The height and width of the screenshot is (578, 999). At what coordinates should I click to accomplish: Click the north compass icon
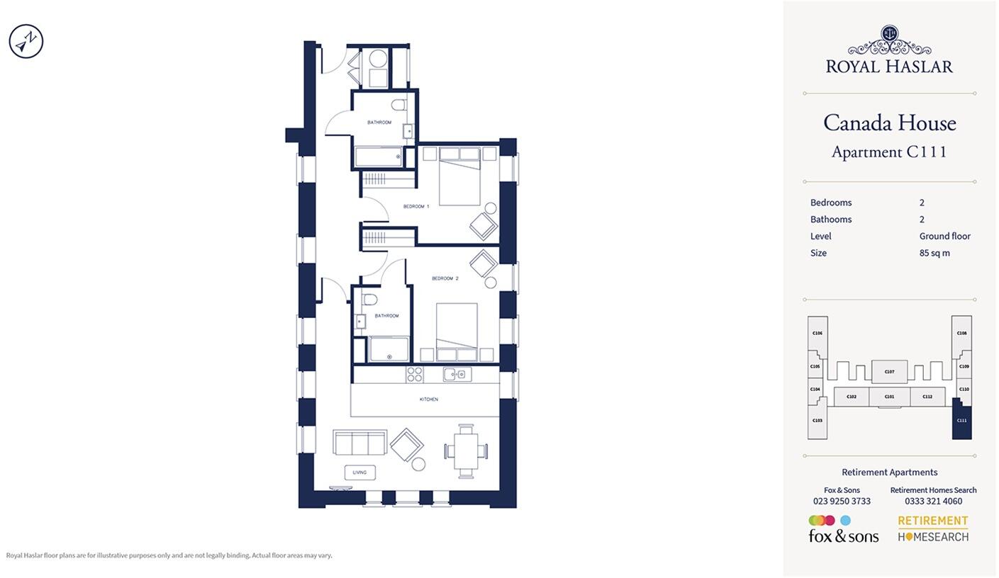(26, 41)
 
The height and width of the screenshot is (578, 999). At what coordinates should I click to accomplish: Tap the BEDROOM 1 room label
(416, 206)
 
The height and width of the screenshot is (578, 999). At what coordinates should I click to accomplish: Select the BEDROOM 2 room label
(445, 278)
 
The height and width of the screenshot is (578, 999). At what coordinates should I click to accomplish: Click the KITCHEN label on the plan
(428, 399)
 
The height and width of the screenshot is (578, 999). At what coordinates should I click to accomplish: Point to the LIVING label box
(359, 472)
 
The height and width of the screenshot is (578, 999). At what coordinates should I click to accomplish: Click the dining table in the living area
(466, 450)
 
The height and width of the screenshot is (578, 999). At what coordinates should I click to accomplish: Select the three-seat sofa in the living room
(359, 443)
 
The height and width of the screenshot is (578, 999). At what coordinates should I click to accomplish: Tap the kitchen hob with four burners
(415, 374)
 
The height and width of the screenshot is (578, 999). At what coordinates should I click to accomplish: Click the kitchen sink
(457, 374)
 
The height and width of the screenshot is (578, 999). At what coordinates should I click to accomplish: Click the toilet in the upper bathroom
(399, 106)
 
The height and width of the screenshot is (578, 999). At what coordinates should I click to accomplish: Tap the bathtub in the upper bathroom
(379, 157)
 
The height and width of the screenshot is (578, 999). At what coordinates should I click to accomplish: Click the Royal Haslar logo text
(889, 66)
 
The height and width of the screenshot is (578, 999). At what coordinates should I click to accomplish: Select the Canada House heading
(889, 123)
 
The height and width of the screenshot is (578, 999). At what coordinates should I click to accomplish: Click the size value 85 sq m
(934, 253)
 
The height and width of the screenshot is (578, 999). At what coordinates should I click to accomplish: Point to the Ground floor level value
(944, 236)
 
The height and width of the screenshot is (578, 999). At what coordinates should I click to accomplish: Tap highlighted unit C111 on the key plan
(961, 421)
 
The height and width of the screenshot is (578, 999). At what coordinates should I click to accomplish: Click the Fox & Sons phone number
(842, 501)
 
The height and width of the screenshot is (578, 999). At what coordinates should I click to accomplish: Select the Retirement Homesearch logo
(933, 529)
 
